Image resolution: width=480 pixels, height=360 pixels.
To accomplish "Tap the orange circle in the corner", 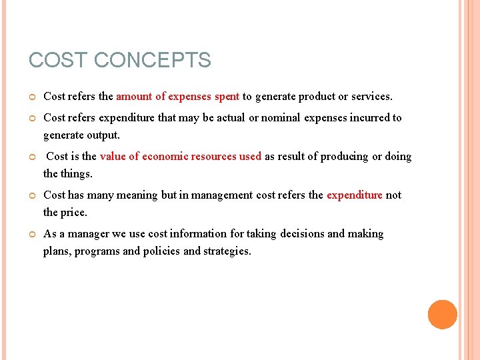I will point(442,315).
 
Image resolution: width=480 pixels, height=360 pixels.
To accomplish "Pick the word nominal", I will point(281,118).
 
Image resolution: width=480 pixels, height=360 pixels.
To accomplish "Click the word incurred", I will point(366,118).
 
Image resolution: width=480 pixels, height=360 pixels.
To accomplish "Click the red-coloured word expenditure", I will point(354,195).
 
